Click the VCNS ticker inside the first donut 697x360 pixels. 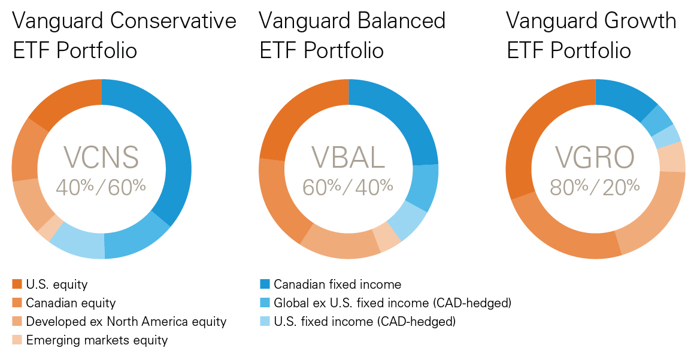[101, 158]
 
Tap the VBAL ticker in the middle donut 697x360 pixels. [348, 158]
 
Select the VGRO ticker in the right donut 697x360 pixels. [595, 158]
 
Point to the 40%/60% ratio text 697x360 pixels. [101, 186]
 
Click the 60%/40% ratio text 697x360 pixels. [348, 186]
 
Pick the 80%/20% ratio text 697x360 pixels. [595, 186]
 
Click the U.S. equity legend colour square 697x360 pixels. [17, 285]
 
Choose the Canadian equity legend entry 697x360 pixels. [70, 303]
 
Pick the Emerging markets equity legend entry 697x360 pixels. [96, 340]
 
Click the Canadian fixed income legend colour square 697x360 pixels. [265, 285]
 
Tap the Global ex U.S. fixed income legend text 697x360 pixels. [392, 303]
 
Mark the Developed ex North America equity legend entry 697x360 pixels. [126, 322]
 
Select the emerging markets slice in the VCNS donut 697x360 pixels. [47, 228]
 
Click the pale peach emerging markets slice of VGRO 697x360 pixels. [671, 157]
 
